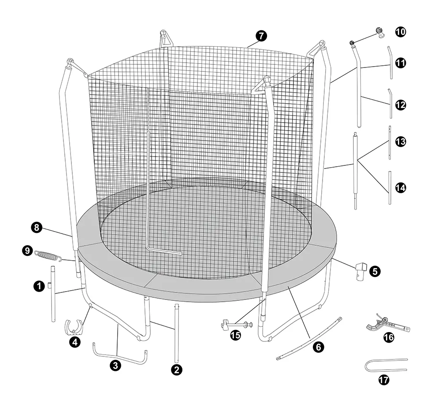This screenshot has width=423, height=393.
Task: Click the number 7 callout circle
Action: point(261,36)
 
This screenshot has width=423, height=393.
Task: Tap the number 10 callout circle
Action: point(401,32)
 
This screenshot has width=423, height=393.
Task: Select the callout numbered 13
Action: point(401,142)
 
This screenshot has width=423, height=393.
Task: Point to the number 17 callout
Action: point(384,380)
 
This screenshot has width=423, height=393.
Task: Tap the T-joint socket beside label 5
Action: point(361,272)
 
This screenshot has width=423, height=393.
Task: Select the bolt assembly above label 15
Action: point(237,324)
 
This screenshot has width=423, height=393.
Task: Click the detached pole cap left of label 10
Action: point(380,33)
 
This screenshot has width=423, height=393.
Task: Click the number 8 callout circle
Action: point(37,228)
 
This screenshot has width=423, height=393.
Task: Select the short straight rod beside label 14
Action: point(390,187)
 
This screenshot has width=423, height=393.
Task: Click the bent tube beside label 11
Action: point(390,62)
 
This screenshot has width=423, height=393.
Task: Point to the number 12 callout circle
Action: point(401,105)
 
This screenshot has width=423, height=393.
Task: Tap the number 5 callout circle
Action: point(375,271)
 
